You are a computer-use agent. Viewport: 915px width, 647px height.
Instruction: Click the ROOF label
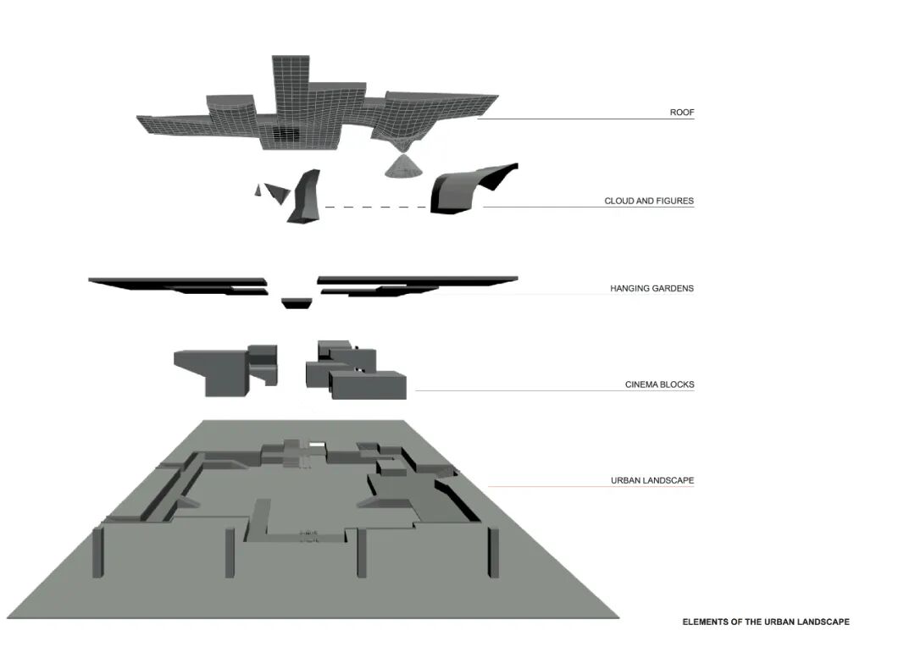tap(681, 113)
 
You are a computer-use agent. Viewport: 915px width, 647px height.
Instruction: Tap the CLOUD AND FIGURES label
tap(648, 202)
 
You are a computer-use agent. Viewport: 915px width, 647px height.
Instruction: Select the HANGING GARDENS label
tap(652, 289)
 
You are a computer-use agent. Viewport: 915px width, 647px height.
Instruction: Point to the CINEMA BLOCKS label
tap(659, 384)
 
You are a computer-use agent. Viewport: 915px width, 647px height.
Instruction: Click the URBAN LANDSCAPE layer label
tap(652, 481)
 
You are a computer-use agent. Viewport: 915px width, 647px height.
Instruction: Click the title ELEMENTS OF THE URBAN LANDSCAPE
tap(765, 622)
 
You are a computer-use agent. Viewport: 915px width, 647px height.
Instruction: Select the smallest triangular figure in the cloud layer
tap(258, 191)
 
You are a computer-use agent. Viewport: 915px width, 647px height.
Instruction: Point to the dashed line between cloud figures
tap(375, 207)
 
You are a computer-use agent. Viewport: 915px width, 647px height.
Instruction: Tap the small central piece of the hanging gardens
tap(296, 302)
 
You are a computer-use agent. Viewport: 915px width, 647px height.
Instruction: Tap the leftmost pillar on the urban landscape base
tap(97, 551)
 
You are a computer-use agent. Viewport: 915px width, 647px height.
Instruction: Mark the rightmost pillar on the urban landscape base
tap(487, 550)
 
